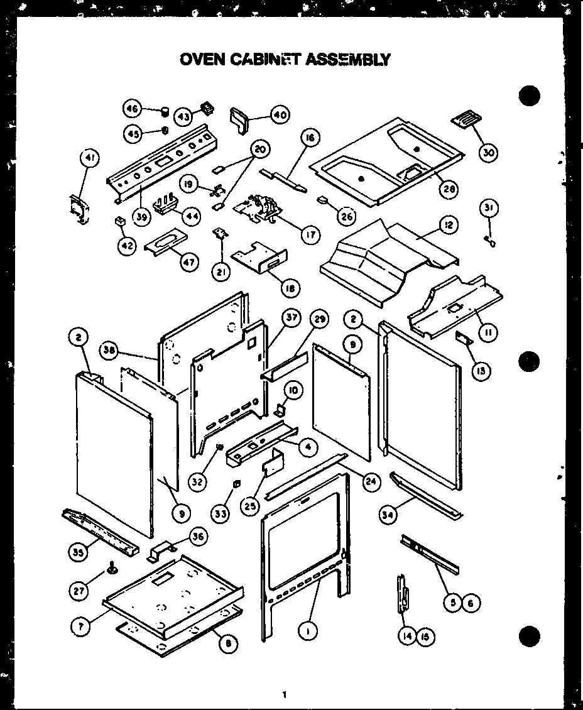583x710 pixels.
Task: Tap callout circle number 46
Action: (132, 109)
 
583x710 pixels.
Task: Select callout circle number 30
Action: (488, 152)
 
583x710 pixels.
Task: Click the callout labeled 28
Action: (448, 189)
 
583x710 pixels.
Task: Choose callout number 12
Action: (449, 225)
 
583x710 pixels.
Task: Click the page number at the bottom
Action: (284, 695)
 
